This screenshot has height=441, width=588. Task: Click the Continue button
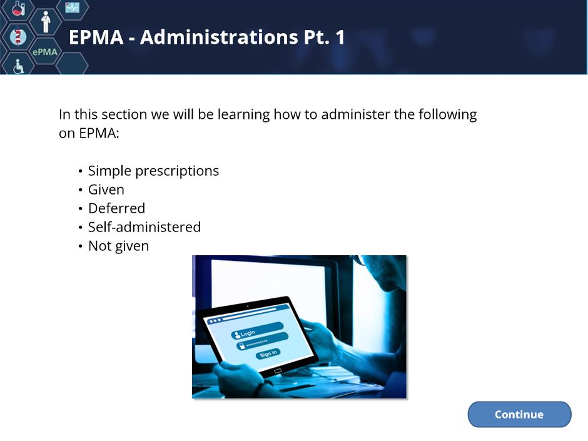click(519, 414)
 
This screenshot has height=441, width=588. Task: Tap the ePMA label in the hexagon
click(45, 52)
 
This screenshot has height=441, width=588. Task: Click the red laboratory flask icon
click(18, 8)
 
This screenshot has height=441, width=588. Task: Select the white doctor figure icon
click(46, 22)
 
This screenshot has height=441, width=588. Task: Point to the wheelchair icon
click(18, 66)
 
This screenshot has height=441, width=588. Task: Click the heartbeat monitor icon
click(72, 7)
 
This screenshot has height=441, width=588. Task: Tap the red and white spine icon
click(18, 37)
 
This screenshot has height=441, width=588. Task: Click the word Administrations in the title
click(219, 37)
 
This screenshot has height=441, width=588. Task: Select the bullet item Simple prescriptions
click(153, 171)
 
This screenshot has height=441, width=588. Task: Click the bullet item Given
click(106, 190)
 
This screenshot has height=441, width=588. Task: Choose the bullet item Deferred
click(116, 208)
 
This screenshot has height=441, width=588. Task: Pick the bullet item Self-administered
click(144, 227)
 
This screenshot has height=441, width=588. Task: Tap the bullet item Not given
click(118, 246)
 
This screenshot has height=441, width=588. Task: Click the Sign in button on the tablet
click(268, 353)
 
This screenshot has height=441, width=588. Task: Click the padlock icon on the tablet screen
click(242, 346)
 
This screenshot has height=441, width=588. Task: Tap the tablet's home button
click(278, 371)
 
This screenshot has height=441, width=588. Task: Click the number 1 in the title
click(340, 37)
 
